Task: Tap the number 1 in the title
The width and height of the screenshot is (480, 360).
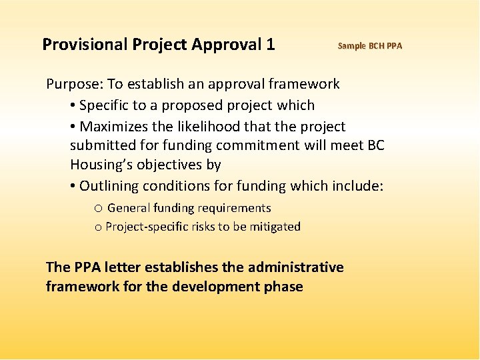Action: tap(270, 45)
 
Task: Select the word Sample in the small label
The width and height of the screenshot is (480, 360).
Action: tap(351, 46)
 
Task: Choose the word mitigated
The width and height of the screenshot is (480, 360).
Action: tap(275, 227)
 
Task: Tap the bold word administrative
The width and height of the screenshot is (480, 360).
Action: tap(296, 267)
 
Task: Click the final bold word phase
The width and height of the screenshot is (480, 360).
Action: tap(285, 287)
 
